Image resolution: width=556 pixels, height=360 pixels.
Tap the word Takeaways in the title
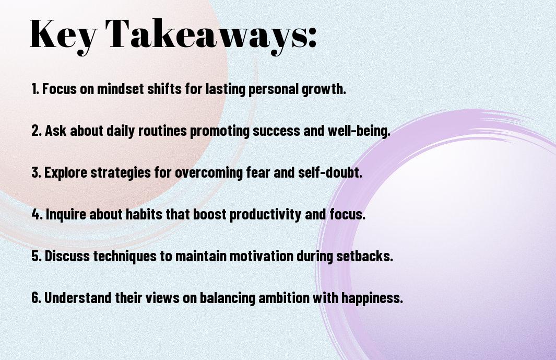point(205,35)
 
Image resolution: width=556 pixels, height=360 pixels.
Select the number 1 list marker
point(35,89)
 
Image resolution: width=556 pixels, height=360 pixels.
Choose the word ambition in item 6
point(284,297)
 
